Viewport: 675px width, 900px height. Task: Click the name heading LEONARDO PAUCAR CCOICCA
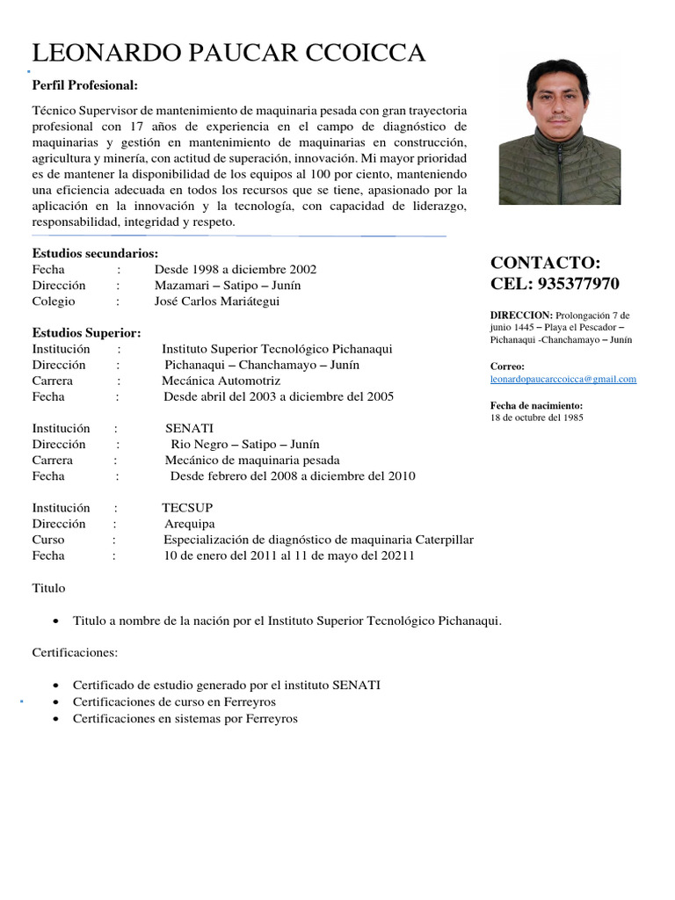click(229, 54)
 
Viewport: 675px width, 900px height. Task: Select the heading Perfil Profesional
click(85, 85)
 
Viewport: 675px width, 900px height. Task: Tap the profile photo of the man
click(559, 132)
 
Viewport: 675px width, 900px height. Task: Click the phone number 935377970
click(577, 284)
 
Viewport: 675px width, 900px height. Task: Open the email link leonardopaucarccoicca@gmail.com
click(562, 379)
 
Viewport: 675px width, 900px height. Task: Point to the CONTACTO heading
click(545, 263)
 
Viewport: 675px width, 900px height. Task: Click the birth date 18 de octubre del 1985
click(536, 417)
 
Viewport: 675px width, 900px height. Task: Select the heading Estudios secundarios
click(95, 253)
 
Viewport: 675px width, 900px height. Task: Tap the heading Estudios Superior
click(86, 333)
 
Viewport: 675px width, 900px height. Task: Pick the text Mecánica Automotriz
click(221, 381)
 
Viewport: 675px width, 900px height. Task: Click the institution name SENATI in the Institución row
click(189, 429)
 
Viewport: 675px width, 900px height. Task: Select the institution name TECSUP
click(187, 508)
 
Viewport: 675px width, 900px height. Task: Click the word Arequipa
click(189, 524)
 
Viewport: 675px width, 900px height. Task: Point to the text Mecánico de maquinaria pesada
click(252, 461)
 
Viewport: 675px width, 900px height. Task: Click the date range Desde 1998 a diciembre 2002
click(236, 269)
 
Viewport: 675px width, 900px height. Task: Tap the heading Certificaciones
click(74, 653)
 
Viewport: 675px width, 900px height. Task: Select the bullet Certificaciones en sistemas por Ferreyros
click(185, 718)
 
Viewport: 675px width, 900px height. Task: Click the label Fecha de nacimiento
click(535, 405)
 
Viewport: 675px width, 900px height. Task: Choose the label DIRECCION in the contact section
click(521, 315)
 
